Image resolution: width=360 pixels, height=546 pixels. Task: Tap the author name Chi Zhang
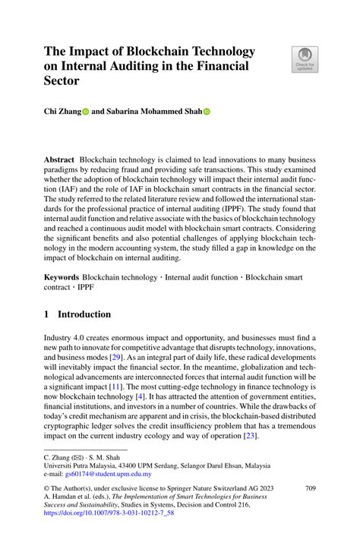pyautogui.click(x=61, y=112)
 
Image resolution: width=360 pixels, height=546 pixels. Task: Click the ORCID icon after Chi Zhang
pyautogui.click(x=85, y=112)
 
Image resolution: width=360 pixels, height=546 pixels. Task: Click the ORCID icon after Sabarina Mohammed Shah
pyautogui.click(x=207, y=112)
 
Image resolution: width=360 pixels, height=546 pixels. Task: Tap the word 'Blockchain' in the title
pyautogui.click(x=148, y=52)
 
